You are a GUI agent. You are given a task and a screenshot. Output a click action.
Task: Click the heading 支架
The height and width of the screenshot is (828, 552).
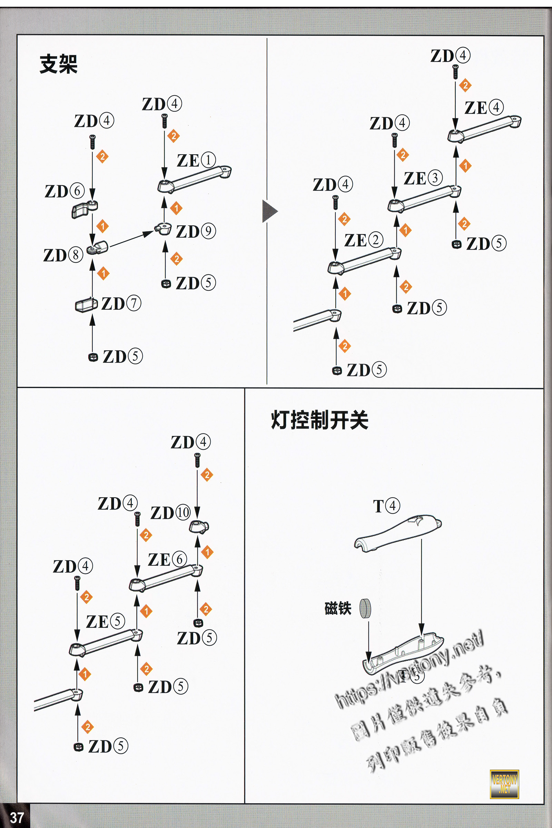click(58, 64)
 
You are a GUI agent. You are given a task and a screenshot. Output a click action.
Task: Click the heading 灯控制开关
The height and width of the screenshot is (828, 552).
click(319, 420)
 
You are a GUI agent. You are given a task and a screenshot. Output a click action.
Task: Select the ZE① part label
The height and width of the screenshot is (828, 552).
click(196, 160)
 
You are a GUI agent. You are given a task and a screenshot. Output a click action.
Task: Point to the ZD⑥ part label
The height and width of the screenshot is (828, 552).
click(65, 191)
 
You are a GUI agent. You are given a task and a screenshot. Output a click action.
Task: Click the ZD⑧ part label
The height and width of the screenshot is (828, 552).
click(63, 255)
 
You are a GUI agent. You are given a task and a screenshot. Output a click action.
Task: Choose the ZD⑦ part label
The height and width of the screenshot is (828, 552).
click(121, 304)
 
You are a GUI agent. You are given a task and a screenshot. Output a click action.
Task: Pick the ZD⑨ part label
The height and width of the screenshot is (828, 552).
click(196, 231)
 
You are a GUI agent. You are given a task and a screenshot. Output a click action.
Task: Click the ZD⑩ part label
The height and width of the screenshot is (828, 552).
click(170, 513)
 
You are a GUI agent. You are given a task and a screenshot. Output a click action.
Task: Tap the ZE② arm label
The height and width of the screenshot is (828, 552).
click(364, 240)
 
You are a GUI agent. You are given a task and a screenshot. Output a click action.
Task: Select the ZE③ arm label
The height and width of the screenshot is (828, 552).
click(423, 178)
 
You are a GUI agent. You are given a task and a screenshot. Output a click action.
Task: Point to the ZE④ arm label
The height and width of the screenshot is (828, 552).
click(484, 107)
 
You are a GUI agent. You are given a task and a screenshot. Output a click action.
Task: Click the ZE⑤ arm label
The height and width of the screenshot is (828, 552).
click(106, 622)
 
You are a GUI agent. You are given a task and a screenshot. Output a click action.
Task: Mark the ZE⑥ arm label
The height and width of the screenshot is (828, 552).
click(167, 559)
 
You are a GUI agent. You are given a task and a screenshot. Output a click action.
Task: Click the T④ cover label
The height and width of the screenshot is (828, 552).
click(386, 506)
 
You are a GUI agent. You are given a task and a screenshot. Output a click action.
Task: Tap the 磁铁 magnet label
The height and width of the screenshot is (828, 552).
click(338, 608)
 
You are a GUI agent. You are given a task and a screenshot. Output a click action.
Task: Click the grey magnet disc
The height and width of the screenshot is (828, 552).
click(365, 608)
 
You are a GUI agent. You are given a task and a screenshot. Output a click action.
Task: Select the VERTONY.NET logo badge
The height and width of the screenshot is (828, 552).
click(504, 784)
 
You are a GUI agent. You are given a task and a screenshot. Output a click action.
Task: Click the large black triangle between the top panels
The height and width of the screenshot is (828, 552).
click(269, 211)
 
